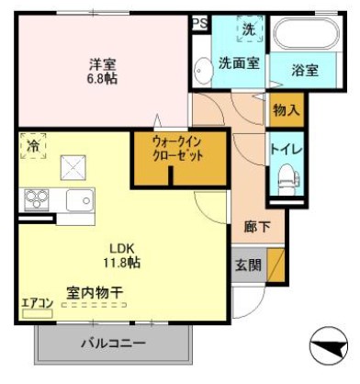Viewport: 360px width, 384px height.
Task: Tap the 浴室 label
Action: pos(305,70)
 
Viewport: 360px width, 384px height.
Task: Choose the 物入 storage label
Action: pos(285,110)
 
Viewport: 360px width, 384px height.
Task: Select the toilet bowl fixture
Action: pos(285,176)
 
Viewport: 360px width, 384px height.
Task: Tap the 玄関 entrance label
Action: pos(247,265)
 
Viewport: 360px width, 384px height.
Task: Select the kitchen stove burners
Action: pos(37,198)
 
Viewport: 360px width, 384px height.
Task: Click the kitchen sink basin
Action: pos(78,198)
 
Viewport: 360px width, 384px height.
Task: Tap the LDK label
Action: pos(123,248)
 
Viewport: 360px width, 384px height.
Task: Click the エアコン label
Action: pos(37,302)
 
